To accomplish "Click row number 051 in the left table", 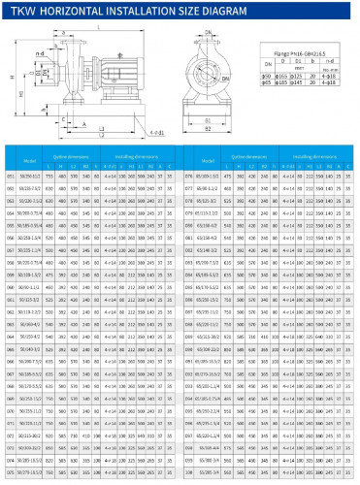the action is point(12,178).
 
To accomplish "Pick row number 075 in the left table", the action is point(12,472).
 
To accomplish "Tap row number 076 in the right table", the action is point(190,178).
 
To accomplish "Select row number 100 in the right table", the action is point(190,472).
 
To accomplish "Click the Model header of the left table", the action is point(30,159).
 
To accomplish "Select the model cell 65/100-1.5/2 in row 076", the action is point(209,178).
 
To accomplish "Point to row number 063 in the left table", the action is point(12,325).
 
